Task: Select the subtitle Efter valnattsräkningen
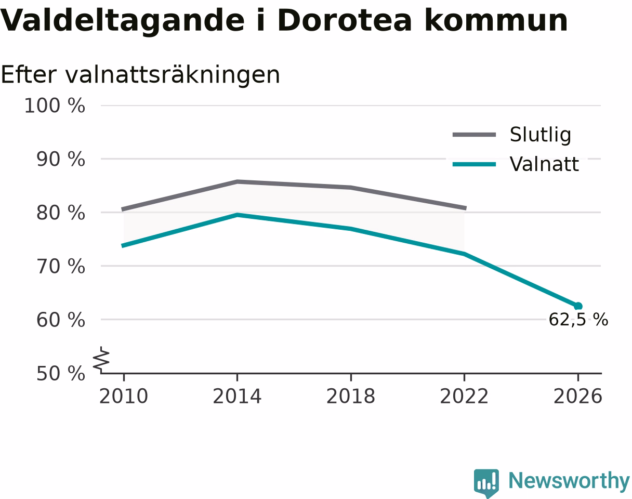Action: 140,75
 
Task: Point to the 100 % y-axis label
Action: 55,106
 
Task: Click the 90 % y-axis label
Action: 61,160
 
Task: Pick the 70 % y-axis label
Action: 61,266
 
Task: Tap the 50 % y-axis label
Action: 61,373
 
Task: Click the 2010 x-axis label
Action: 124,396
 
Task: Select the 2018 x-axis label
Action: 351,396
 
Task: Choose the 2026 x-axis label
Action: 577,396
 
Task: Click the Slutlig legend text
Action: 541,135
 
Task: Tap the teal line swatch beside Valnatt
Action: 475,164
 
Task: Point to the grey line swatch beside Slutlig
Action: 475,135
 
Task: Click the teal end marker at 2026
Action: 578,306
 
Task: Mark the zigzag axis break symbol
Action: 101,359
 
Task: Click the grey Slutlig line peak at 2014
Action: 238,182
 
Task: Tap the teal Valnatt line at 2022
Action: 464,254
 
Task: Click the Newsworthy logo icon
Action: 486,483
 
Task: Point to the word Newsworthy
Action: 569,481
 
